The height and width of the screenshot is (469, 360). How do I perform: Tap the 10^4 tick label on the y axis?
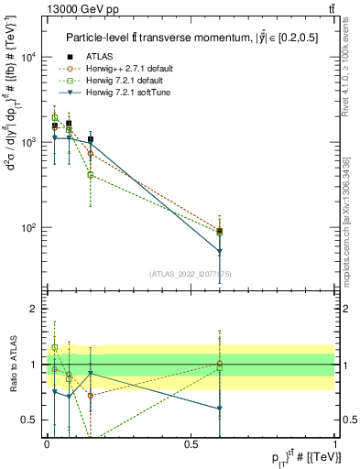(x=28, y=57)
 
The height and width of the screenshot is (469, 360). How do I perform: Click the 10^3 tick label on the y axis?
(x=28, y=143)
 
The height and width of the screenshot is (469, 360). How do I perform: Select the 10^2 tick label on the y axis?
(x=28, y=228)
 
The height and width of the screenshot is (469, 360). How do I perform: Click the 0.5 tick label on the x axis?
(x=191, y=444)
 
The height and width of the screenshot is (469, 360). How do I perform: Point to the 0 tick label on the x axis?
(x=46, y=444)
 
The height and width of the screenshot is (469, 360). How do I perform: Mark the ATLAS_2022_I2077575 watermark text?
(x=191, y=273)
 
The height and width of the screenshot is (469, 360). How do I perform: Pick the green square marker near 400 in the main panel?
(x=91, y=174)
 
